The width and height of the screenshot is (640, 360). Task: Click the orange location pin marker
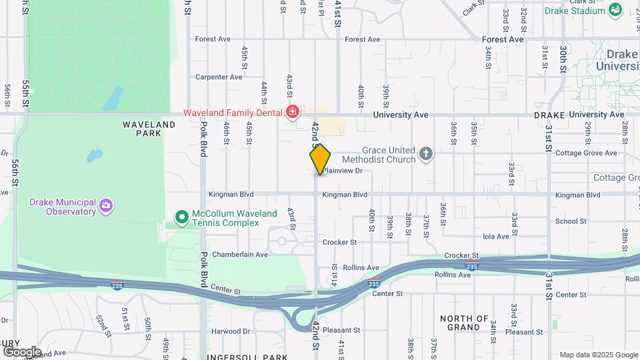(320, 159)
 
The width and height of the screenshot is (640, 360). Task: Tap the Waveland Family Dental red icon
(292, 112)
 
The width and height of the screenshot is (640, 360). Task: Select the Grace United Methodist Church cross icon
(427, 155)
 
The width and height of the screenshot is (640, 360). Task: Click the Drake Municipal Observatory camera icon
(106, 207)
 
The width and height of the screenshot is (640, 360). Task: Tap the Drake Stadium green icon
(615, 10)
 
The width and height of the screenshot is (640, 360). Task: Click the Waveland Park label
(149, 129)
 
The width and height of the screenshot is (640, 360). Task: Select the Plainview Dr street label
(343, 171)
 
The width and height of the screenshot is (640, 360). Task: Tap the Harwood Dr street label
(231, 331)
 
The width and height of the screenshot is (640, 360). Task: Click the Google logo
(22, 351)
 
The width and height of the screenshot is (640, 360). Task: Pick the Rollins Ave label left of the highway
(361, 267)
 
